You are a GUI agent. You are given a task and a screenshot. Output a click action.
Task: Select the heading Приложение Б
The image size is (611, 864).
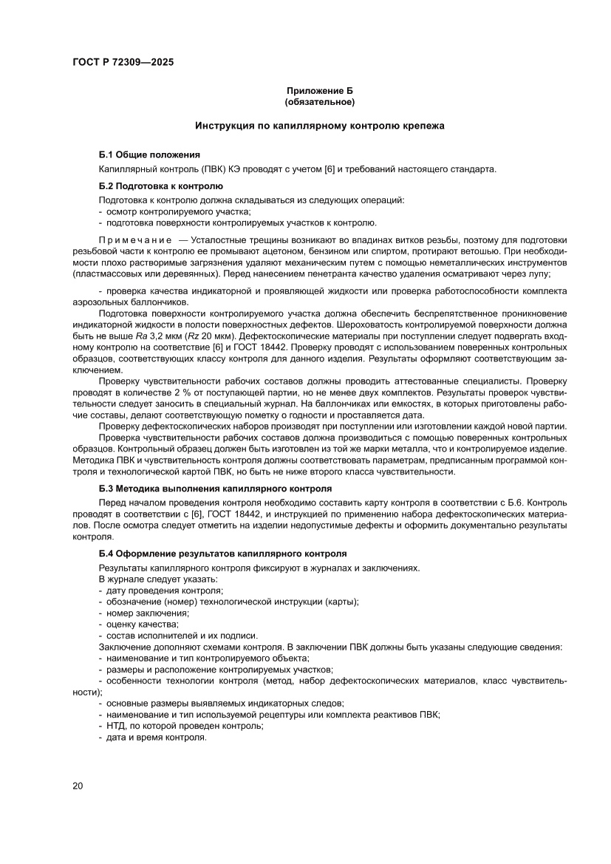[319, 90]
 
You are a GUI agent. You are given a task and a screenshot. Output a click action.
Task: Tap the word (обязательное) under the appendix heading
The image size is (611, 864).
[319, 101]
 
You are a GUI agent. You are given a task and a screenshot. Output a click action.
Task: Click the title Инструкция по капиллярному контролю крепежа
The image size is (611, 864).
[319, 126]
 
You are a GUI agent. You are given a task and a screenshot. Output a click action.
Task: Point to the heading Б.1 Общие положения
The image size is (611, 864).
[149, 154]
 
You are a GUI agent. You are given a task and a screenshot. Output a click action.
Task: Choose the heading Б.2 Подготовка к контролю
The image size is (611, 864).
[160, 186]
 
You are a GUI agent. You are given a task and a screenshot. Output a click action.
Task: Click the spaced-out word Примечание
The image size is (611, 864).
[134, 239]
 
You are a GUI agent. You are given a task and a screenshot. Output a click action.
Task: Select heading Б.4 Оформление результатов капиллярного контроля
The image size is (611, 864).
[222, 553]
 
